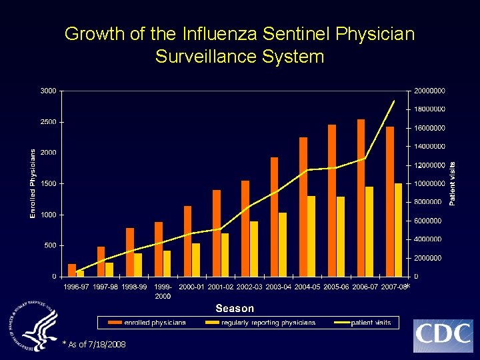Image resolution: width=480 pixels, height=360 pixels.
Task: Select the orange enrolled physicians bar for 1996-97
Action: [72, 270]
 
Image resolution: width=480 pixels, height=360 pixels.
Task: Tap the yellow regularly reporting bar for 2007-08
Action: [398, 230]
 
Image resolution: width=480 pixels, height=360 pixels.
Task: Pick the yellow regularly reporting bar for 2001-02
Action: [225, 255]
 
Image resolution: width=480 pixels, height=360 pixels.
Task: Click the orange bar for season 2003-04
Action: [274, 217]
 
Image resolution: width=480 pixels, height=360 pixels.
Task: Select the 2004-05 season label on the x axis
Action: [307, 287]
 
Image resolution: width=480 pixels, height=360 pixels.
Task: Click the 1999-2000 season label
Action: [163, 291]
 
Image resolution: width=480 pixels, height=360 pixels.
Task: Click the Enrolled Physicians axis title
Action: [33, 183]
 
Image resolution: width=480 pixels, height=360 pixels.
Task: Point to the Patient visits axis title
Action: [452, 183]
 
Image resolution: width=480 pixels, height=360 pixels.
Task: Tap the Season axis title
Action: [235, 308]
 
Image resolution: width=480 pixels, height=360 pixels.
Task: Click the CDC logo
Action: [443, 335]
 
